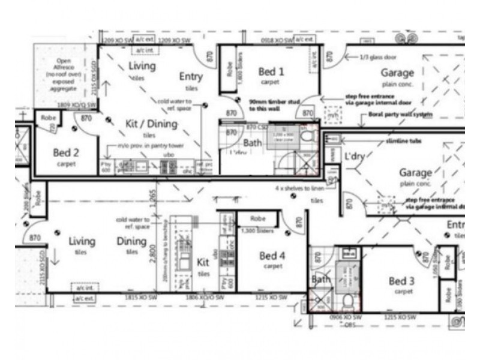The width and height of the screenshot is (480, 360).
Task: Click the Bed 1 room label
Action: pyautogui.click(x=271, y=72)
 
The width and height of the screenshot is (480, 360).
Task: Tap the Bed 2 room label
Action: pyautogui.click(x=66, y=153)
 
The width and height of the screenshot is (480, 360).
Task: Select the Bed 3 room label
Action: pyautogui.click(x=402, y=281)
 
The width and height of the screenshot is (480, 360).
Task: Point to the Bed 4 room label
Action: pyautogui.click(x=272, y=256)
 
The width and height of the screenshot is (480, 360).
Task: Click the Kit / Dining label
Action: pyautogui.click(x=151, y=124)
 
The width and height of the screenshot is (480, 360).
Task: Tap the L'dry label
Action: pyautogui.click(x=355, y=155)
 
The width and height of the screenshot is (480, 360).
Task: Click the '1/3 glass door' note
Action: pyautogui.click(x=377, y=56)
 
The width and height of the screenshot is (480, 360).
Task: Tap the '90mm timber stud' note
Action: pyautogui.click(x=274, y=106)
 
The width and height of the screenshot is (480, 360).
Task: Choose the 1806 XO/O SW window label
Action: pyautogui.click(x=197, y=297)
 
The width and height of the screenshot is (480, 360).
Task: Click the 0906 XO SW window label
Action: pyautogui.click(x=346, y=316)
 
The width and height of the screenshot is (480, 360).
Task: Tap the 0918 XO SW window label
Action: pyautogui.click(x=277, y=40)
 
